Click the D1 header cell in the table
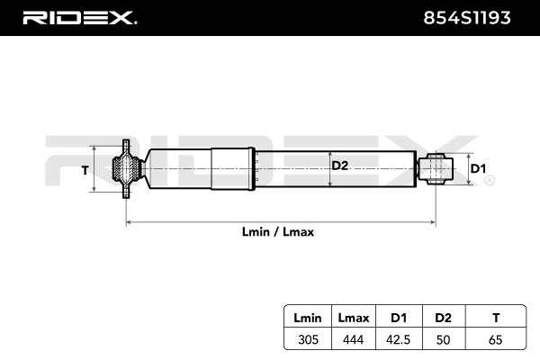coord(398,319)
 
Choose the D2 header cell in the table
coord(443,319)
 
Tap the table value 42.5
coord(398,339)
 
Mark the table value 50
coord(443,339)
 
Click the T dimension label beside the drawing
coord(86,169)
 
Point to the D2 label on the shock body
coord(339,166)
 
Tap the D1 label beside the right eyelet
coord(479,169)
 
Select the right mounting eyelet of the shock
coord(436,169)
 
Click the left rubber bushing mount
coord(125,169)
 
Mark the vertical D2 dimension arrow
coord(331,168)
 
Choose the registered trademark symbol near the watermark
coord(489,181)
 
